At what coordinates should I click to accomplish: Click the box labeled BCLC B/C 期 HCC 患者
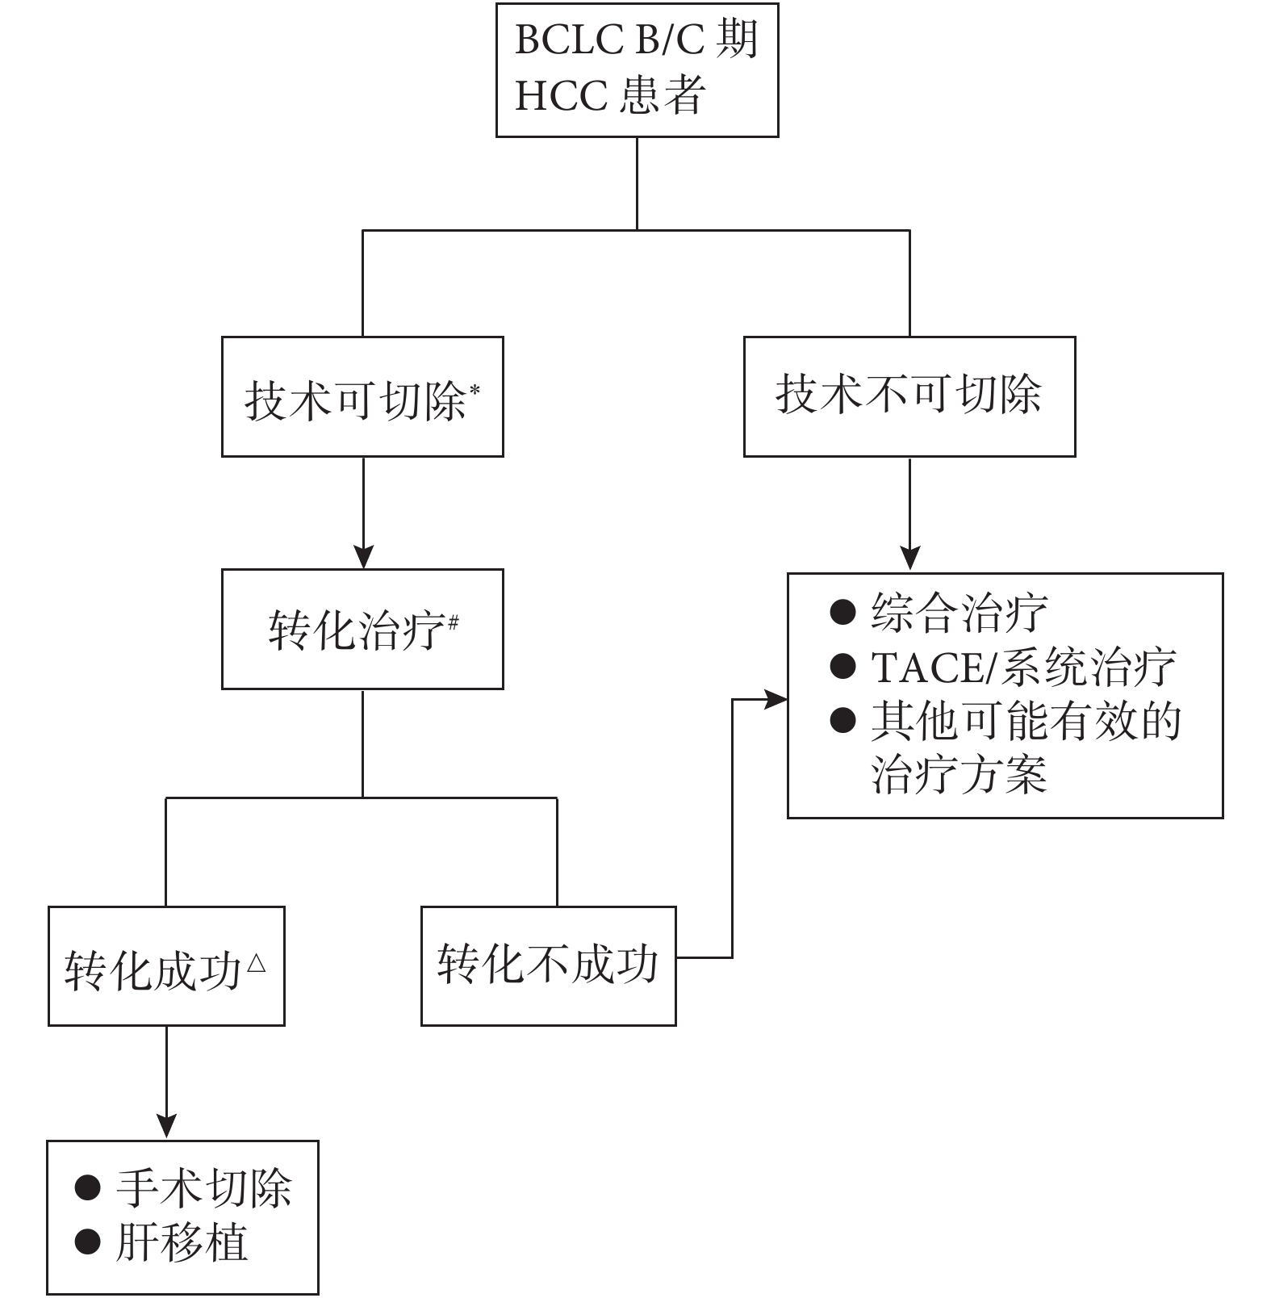point(637,70)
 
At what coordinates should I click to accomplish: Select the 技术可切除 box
point(362,396)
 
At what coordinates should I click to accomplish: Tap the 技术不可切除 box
point(909,396)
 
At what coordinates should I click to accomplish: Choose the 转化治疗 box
point(362,629)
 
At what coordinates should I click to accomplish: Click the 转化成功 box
point(166,965)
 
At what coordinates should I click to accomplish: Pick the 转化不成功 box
point(549,965)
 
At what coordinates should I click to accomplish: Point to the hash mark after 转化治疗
point(454,622)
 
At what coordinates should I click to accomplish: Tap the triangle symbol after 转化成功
point(256,962)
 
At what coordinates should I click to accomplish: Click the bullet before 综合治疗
point(842,612)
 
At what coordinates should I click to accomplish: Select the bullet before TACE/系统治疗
point(842,666)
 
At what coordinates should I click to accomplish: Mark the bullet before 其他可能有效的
point(842,720)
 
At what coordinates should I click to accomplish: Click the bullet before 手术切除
point(87,1187)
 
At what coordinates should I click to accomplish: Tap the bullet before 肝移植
point(87,1241)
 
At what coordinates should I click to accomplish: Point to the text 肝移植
point(182,1241)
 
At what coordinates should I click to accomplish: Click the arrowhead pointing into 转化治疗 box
point(363,557)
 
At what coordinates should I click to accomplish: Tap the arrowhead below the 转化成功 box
point(166,1127)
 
